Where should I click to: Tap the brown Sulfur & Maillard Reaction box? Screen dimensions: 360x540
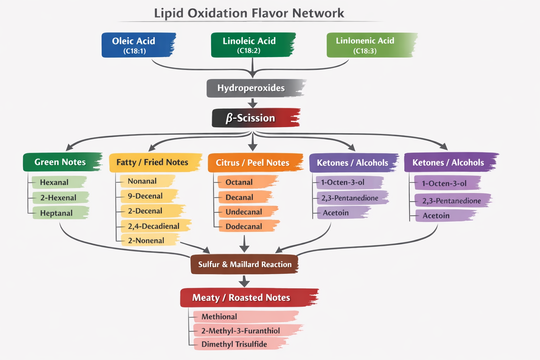pos(244,264)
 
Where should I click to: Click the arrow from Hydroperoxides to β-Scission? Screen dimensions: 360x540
pos(252,103)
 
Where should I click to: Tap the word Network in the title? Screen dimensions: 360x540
pos(318,13)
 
